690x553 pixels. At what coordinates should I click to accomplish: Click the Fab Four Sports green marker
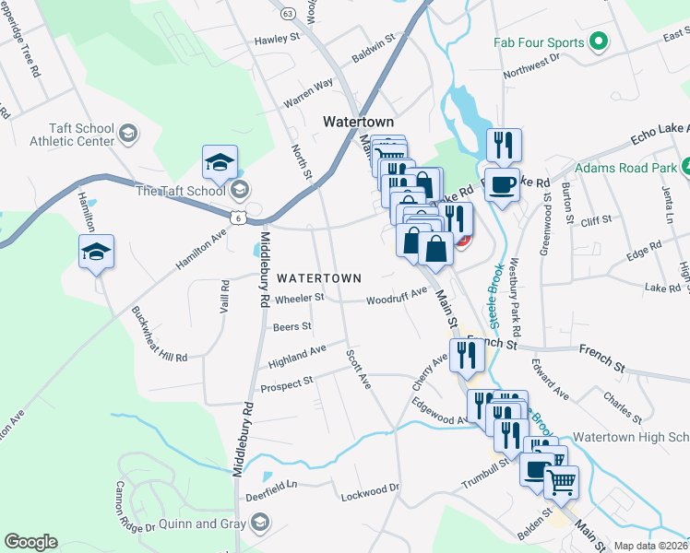[x=598, y=42]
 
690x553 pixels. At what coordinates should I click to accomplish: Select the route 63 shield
[x=288, y=14]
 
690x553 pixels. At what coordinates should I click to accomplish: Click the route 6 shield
[x=238, y=217]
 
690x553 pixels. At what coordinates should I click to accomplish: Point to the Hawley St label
[x=278, y=40]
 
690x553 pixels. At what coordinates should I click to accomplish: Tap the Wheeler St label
[x=300, y=298]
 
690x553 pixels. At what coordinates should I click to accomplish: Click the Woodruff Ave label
[x=397, y=296]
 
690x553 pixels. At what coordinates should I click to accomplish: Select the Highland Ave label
[x=297, y=351]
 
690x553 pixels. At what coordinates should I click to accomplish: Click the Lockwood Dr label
[x=369, y=488]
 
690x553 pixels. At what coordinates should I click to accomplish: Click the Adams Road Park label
[x=625, y=169]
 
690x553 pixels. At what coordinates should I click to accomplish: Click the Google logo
[x=30, y=542]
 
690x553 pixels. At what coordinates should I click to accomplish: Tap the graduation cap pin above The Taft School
[x=220, y=162]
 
